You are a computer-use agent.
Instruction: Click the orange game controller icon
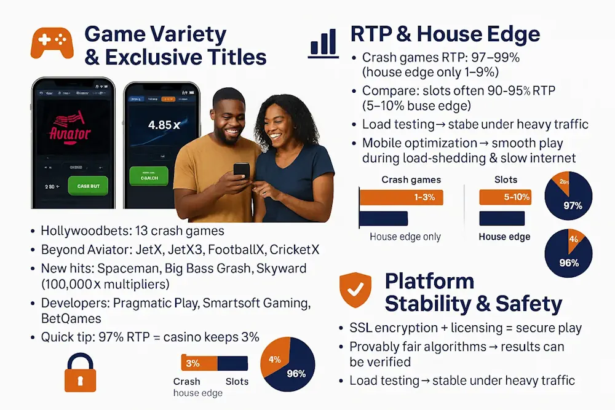52,41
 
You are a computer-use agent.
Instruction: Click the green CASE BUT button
88,186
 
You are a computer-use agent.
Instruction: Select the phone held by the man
242,169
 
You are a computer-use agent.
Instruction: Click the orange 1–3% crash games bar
400,197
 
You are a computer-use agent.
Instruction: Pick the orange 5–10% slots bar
504,197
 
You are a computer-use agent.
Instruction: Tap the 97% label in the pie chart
573,205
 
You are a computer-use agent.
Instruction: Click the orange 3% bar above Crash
192,363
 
